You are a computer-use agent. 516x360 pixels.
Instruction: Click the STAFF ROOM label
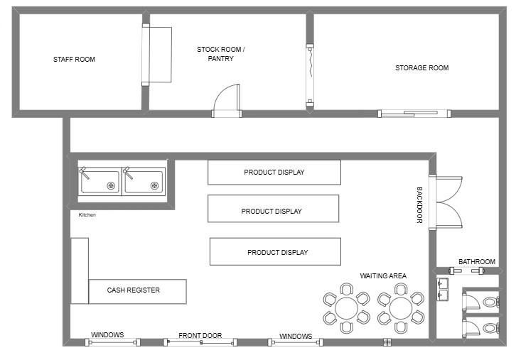74,60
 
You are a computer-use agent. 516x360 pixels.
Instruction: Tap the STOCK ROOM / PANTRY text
221,54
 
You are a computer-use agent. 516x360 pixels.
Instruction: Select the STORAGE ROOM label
422,68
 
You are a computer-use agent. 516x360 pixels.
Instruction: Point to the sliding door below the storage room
414,114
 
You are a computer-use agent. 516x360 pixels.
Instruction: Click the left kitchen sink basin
100,182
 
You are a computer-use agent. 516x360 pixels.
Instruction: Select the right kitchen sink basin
144,182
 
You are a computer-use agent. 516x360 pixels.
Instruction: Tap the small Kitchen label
87,214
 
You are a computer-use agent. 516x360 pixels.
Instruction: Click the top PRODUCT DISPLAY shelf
274,173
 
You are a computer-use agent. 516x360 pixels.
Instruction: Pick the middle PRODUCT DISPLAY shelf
273,209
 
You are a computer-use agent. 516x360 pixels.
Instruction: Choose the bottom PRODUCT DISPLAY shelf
275,251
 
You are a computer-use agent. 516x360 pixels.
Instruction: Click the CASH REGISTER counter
138,292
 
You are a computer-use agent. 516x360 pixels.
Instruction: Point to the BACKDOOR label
419,205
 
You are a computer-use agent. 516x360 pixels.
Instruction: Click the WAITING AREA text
383,276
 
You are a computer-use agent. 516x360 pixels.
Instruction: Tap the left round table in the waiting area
346,308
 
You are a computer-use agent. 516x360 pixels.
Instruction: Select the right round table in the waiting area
400,308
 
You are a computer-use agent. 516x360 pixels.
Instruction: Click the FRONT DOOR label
200,336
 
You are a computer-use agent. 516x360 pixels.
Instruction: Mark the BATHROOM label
477,262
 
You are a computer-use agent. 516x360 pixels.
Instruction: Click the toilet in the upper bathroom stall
491,302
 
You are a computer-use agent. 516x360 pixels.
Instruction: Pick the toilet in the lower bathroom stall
491,328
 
